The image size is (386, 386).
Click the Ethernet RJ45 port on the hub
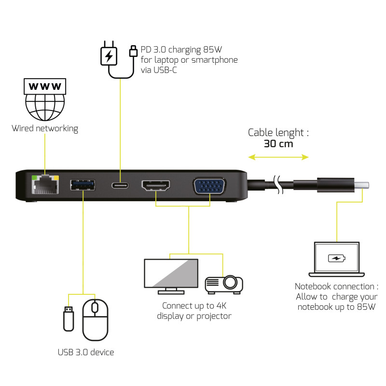[44, 185]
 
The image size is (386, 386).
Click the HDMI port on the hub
[156, 185]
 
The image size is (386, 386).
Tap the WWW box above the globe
[45, 86]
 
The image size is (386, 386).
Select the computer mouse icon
[95, 319]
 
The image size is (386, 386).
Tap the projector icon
[224, 284]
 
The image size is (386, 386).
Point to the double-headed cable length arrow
[278, 157]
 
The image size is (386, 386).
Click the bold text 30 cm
[278, 144]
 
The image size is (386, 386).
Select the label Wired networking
[45, 128]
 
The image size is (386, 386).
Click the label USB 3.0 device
[85, 352]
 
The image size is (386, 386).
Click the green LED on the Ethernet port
[33, 178]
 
